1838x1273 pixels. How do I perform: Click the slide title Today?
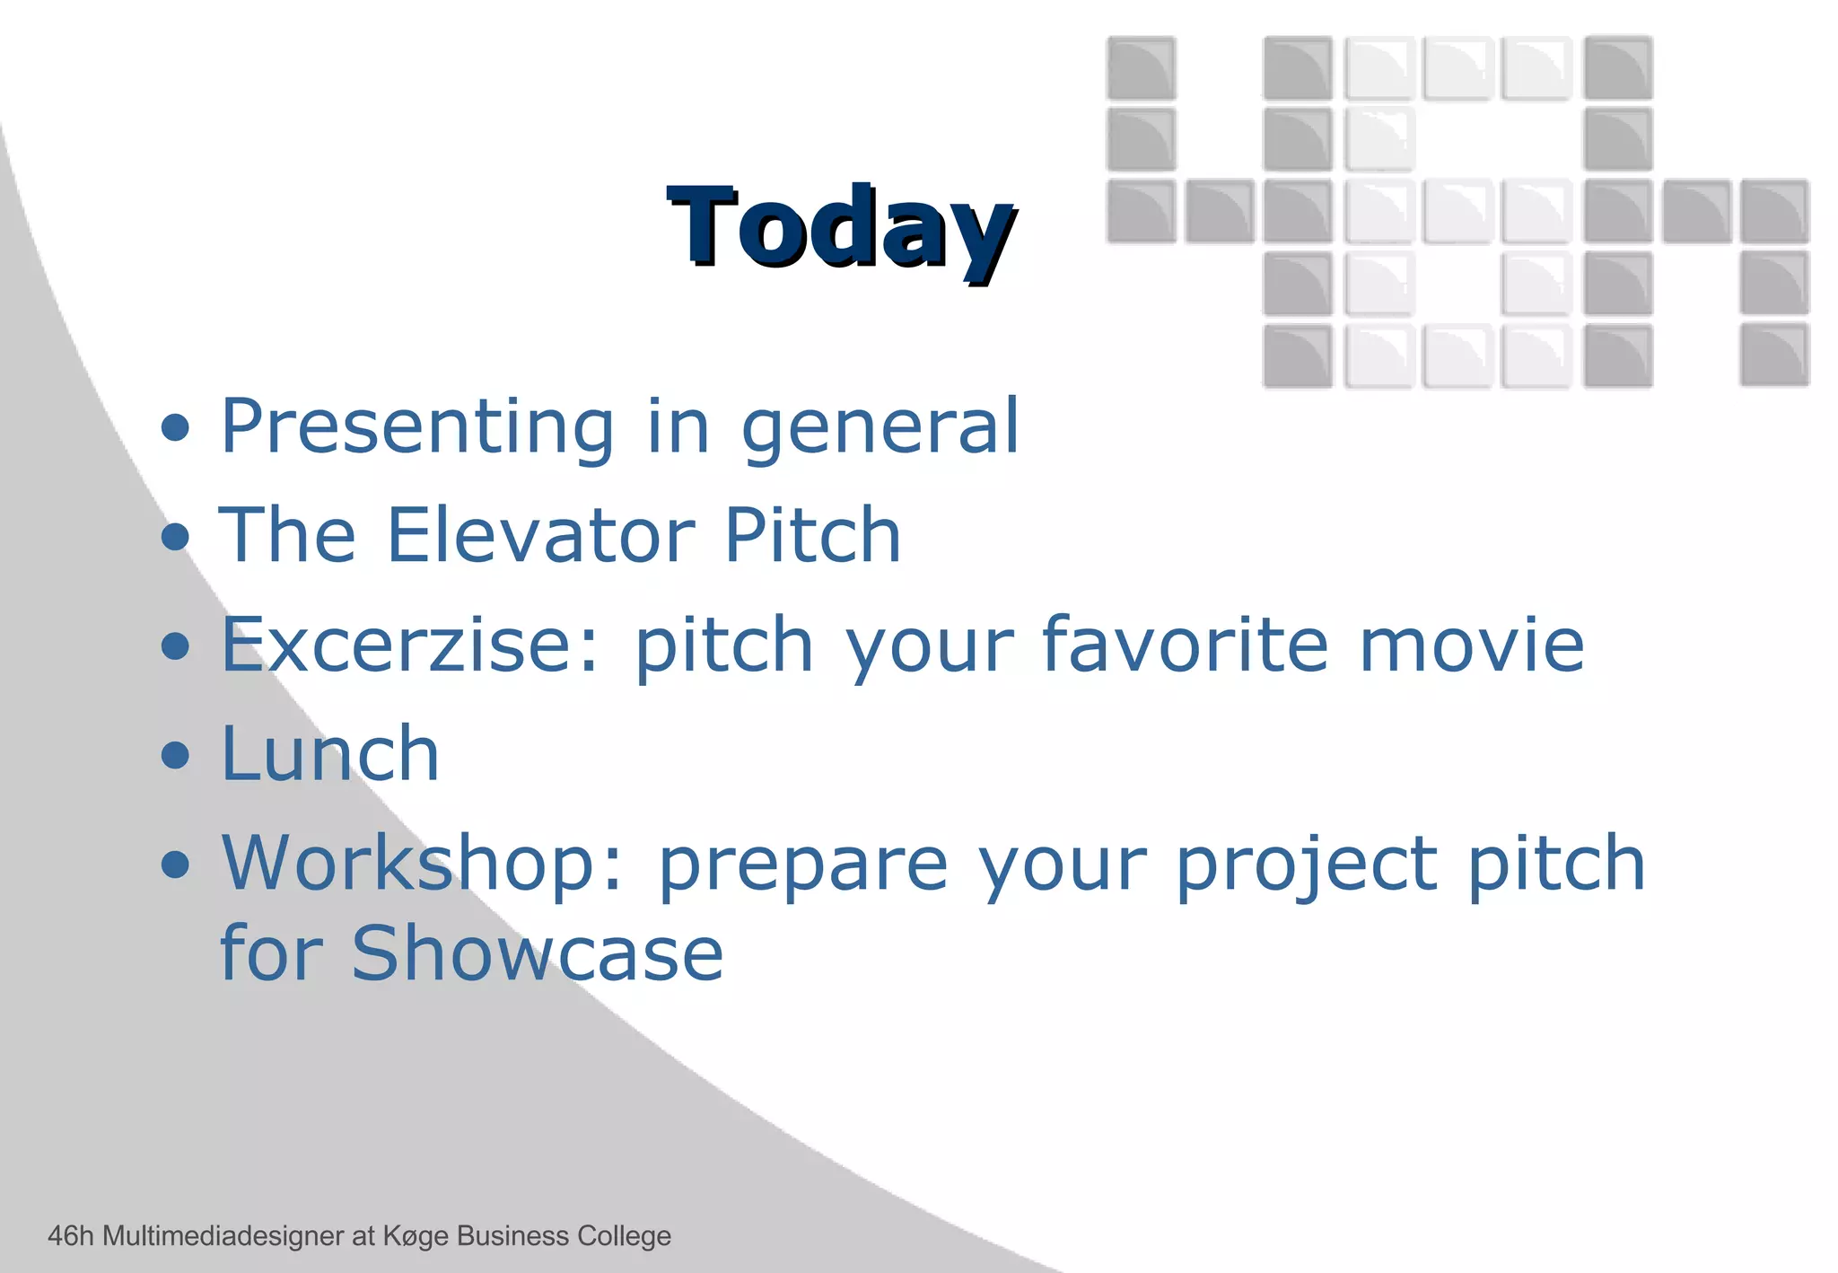click(x=841, y=226)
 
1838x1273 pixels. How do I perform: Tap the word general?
click(x=880, y=427)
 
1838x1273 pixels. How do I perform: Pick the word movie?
click(x=1472, y=645)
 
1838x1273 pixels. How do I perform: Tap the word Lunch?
click(x=330, y=754)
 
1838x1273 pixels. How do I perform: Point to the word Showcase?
click(x=537, y=953)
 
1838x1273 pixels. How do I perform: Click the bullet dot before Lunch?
click(x=176, y=755)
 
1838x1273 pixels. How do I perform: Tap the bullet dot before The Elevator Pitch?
click(x=176, y=537)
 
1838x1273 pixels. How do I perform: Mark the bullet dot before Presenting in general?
click(x=176, y=428)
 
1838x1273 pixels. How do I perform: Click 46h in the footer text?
click(x=71, y=1236)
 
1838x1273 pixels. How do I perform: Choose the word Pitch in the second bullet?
click(x=812, y=536)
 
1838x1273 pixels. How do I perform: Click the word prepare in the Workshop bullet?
click(x=803, y=865)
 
